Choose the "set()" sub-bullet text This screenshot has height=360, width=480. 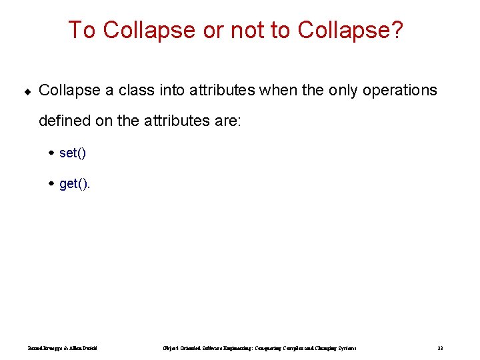pyautogui.click(x=73, y=153)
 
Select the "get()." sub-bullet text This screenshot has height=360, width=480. pyautogui.click(x=75, y=183)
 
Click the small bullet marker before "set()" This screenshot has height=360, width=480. pyautogui.click(x=51, y=153)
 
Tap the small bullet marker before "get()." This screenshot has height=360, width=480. pyautogui.click(x=51, y=183)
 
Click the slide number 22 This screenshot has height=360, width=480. pyautogui.click(x=440, y=348)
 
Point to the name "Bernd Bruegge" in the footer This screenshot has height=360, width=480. pyautogui.click(x=43, y=348)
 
